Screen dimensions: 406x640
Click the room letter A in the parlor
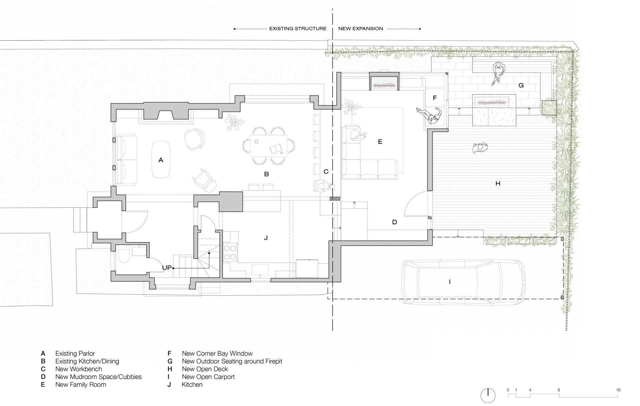(161, 160)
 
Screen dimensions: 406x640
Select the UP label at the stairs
(167, 268)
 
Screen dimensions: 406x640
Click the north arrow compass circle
(488, 396)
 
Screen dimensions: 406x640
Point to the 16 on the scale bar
(618, 390)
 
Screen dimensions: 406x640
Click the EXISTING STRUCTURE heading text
(298, 29)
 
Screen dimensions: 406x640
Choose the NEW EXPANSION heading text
(360, 29)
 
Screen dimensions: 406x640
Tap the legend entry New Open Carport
(208, 377)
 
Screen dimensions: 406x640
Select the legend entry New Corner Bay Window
(217, 354)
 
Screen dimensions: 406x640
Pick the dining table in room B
(269, 145)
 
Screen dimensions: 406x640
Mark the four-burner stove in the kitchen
(230, 253)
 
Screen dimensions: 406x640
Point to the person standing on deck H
(480, 147)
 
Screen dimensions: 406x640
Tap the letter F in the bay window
(435, 98)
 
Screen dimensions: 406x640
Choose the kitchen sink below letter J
(260, 269)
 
